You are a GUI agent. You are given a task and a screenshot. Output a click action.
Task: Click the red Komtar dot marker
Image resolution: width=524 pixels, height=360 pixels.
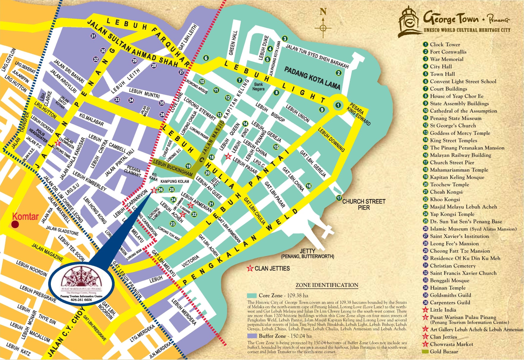pos(15,224)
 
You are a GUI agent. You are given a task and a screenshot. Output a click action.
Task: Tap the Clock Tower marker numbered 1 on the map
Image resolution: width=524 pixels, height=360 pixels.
pos(338,105)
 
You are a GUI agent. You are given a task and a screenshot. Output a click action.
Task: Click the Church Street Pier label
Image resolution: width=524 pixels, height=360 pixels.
pos(364,204)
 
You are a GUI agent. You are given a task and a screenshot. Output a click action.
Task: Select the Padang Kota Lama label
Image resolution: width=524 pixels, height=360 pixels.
pos(312,78)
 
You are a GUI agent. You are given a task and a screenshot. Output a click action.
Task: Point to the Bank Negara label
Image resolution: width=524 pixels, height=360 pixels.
pos(258,86)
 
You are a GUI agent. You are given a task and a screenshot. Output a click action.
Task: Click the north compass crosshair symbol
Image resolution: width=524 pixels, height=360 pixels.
pos(323,28)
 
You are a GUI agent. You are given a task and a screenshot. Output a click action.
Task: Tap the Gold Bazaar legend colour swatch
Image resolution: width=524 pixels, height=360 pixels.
pos(425,351)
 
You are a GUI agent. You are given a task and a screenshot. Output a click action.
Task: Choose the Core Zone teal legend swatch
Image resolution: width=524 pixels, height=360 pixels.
pos(251,296)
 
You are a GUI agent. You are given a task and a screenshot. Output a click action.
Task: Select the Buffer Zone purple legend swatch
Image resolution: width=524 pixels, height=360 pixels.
pos(251,336)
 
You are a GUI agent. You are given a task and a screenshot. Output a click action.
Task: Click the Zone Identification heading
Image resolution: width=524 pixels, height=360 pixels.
pos(327,285)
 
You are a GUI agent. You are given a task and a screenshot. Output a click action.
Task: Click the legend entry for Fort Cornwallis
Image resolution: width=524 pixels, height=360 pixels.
pos(448,52)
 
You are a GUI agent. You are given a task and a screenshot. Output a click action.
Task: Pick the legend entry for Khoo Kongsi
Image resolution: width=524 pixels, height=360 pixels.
pos(445,199)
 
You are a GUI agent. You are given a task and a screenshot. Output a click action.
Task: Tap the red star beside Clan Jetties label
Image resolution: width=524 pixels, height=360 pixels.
pos(250,269)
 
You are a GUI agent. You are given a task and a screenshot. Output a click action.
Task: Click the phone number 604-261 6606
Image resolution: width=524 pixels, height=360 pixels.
pos(81,300)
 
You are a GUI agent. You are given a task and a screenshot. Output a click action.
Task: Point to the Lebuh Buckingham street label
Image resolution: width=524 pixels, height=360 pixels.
pos(172,168)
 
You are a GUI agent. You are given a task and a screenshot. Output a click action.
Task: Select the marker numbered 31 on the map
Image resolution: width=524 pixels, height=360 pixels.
pos(93,36)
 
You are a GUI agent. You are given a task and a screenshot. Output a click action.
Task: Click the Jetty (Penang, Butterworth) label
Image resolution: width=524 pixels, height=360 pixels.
pos(308,253)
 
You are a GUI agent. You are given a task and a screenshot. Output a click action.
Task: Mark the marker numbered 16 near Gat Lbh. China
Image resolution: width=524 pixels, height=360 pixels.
pos(309,186)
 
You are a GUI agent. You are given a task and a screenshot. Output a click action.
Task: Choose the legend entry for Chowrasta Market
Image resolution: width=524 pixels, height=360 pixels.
pos(451,344)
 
